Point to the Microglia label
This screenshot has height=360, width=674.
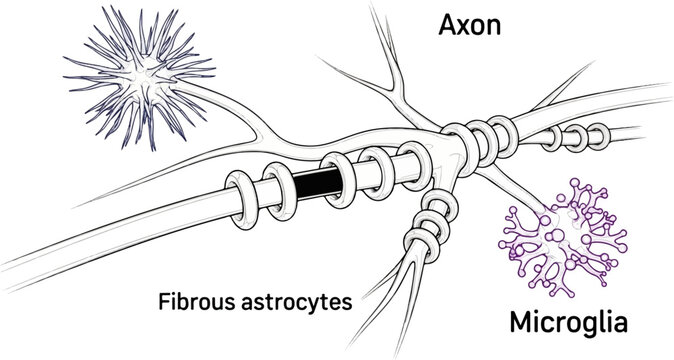coord(568,323)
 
